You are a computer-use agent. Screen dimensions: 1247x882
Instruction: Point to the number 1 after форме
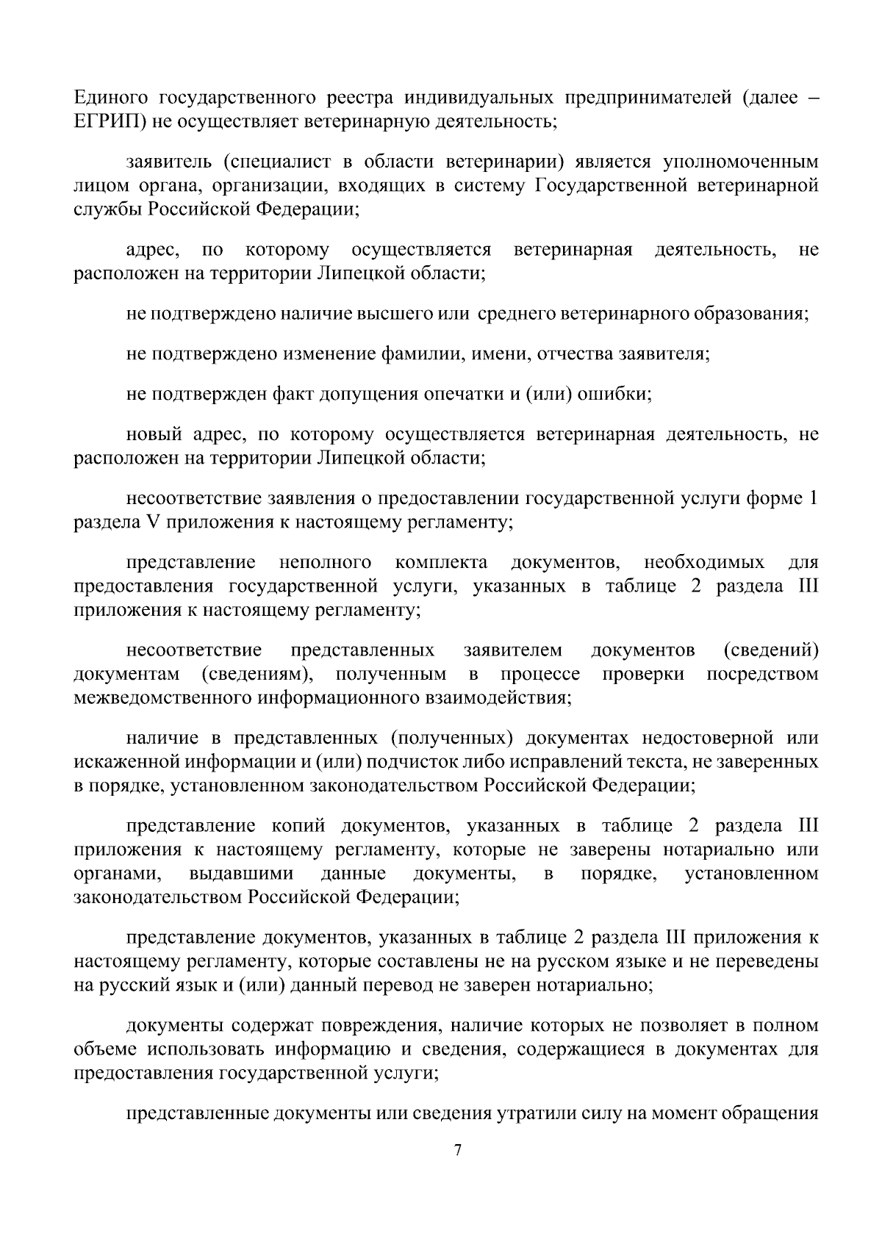(813, 499)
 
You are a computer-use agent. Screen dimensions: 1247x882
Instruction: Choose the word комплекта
(441, 563)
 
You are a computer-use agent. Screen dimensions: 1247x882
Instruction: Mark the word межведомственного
(162, 697)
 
